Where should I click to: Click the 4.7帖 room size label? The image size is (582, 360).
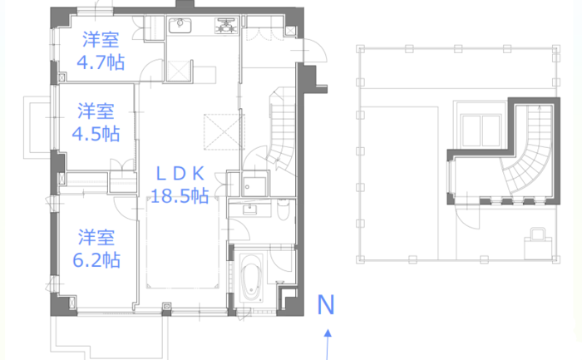pos(101,62)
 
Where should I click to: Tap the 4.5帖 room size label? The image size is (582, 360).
pos(96,134)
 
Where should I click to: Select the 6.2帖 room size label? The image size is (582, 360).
pos(96,259)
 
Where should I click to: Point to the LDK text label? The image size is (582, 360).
pos(180,173)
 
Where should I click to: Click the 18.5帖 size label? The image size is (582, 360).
pos(180,195)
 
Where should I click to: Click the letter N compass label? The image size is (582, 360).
pos(326,304)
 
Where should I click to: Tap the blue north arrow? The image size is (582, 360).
pos(328,344)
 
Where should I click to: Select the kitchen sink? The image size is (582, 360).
pos(180,26)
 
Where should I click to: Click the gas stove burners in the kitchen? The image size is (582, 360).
pos(225,26)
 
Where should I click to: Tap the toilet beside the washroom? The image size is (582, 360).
pos(284,209)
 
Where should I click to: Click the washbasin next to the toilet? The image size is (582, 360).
pos(249,210)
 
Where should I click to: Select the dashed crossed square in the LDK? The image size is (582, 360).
pos(224,131)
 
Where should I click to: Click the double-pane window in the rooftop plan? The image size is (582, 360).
pos(481,131)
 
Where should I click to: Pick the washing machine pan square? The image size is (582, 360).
pos(254,186)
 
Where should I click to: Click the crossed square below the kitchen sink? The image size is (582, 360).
pos(179,71)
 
